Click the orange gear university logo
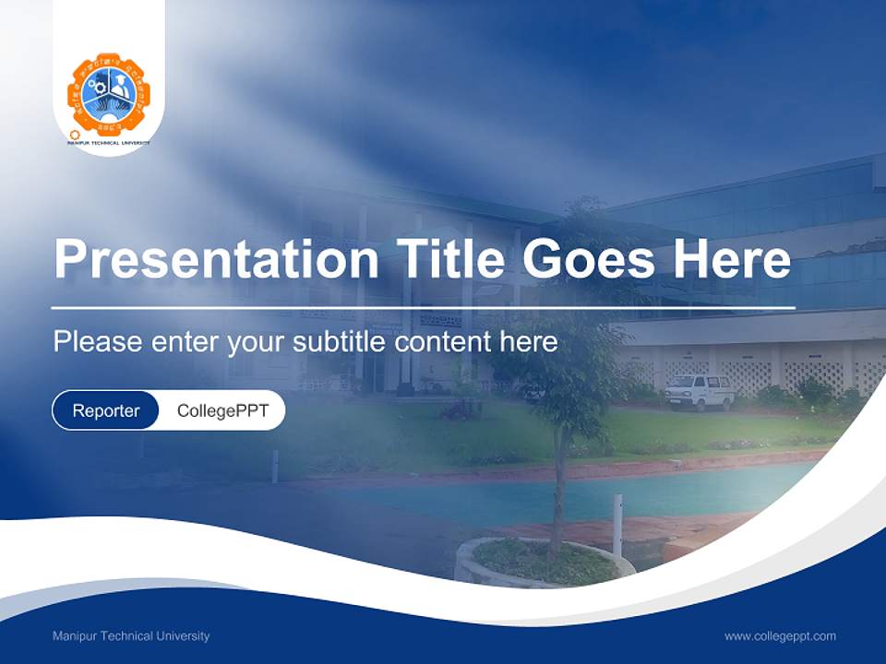pyautogui.click(x=109, y=94)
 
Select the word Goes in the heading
pyautogui.click(x=592, y=259)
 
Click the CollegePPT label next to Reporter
pyautogui.click(x=222, y=410)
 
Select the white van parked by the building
pyautogui.click(x=700, y=392)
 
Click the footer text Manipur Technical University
pyautogui.click(x=131, y=636)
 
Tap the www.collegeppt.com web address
pyautogui.click(x=780, y=636)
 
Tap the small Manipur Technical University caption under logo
pyautogui.click(x=109, y=144)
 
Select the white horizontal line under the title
pyautogui.click(x=423, y=307)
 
